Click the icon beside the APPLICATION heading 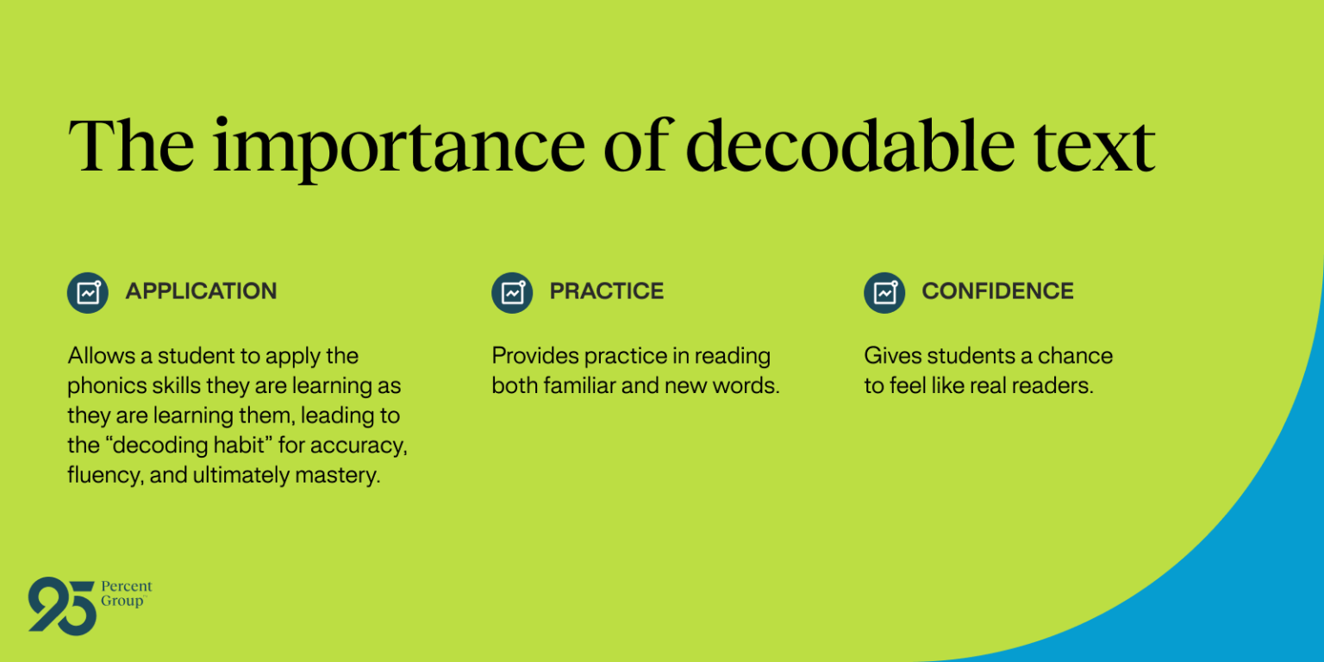point(88,293)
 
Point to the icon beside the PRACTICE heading point(512,293)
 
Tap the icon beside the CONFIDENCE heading point(884,293)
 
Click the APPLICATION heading point(201,291)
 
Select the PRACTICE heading point(607,291)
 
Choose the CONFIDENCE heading point(997,291)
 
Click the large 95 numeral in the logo point(61,606)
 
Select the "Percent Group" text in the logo point(126,594)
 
